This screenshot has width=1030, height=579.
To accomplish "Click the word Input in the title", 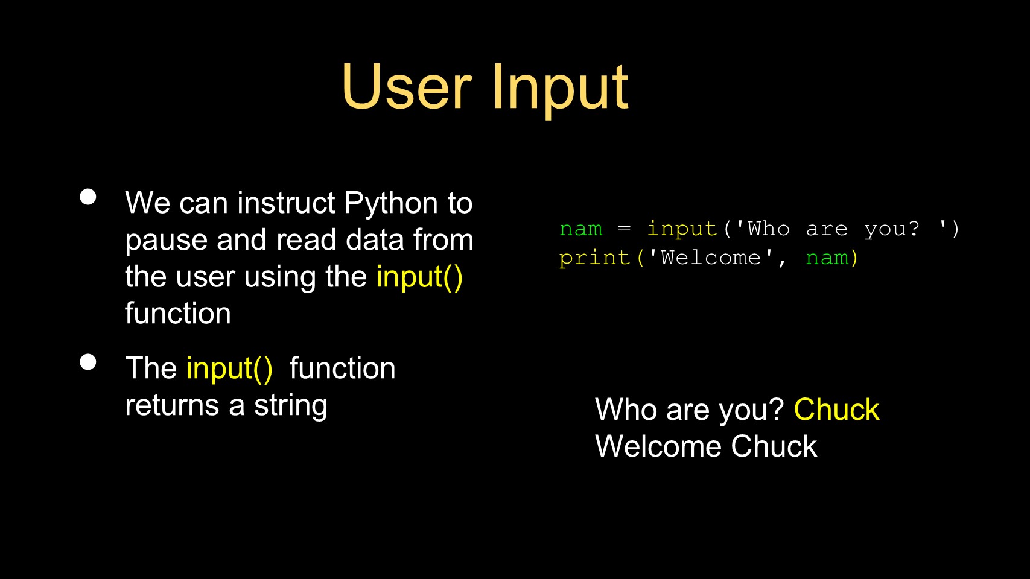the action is (x=560, y=90).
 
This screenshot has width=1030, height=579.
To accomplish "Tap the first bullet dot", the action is (x=88, y=197).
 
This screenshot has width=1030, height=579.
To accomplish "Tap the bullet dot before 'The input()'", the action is (x=88, y=362).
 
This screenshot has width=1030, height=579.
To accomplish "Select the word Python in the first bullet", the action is (x=391, y=204).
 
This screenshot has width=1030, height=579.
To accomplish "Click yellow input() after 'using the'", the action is (x=419, y=277).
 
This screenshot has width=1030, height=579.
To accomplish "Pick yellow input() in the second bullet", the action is (x=229, y=369).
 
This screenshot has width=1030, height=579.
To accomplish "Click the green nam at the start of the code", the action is (x=580, y=229).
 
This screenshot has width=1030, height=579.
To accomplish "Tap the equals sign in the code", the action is (x=624, y=229).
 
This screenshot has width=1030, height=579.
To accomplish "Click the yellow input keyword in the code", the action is (x=682, y=229).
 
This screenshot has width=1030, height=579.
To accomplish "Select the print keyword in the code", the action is (x=594, y=258).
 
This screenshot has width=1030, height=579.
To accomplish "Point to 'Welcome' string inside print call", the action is (x=711, y=258).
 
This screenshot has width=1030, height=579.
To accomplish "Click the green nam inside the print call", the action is (x=827, y=258).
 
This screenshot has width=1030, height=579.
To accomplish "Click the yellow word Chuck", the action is (x=836, y=409).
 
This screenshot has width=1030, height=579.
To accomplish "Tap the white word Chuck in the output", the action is (x=774, y=446).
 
